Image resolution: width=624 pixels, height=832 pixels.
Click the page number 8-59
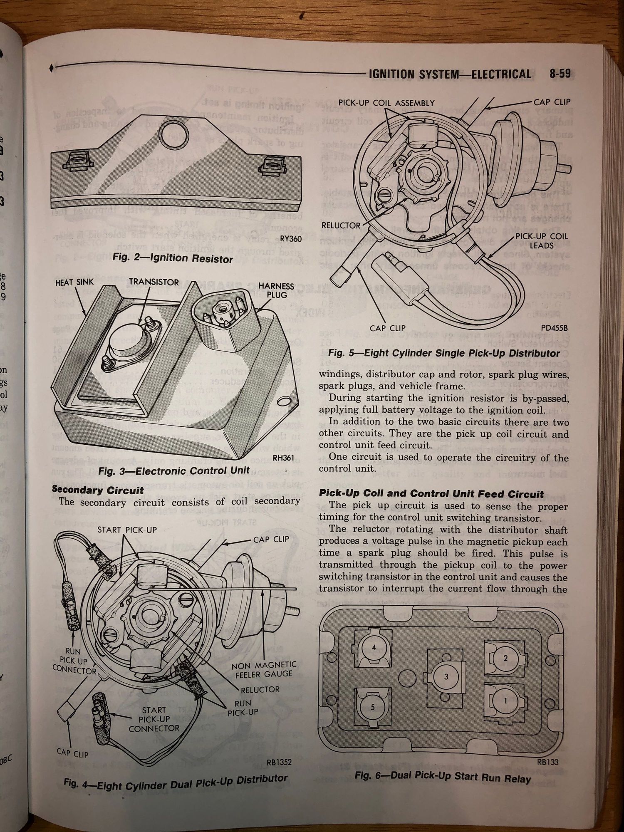click(x=557, y=74)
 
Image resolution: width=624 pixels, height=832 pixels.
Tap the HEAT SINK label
click(x=74, y=282)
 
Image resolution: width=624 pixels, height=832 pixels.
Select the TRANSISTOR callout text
click(x=154, y=282)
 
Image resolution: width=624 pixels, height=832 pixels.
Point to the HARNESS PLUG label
click(x=276, y=290)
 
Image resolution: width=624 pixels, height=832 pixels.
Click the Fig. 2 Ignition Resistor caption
click(x=173, y=258)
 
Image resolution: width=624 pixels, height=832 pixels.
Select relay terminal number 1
click(x=505, y=701)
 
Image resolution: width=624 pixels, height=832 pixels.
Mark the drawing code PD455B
click(x=554, y=328)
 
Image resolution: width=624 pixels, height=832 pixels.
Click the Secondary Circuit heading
click(x=98, y=490)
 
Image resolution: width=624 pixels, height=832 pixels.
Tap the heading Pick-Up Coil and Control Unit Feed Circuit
click(x=431, y=494)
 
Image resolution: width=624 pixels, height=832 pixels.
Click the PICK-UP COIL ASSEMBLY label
click(x=386, y=103)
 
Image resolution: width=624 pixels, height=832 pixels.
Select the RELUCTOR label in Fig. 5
click(x=341, y=225)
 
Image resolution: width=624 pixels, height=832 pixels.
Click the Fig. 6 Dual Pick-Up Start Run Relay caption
click(x=443, y=776)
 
